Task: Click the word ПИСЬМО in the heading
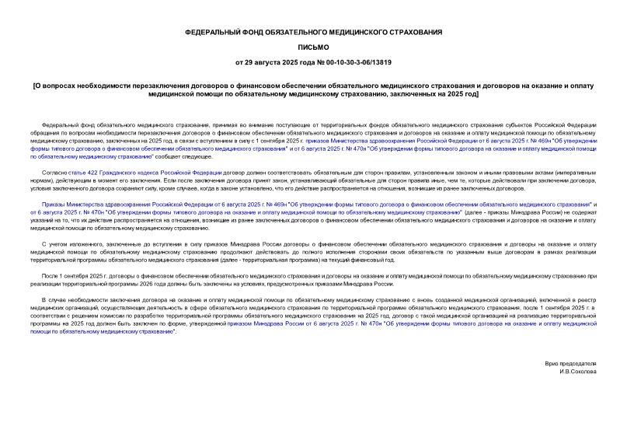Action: click(x=313, y=47)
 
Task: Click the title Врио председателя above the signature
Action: click(x=576, y=363)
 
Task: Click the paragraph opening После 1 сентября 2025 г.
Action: click(x=82, y=276)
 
